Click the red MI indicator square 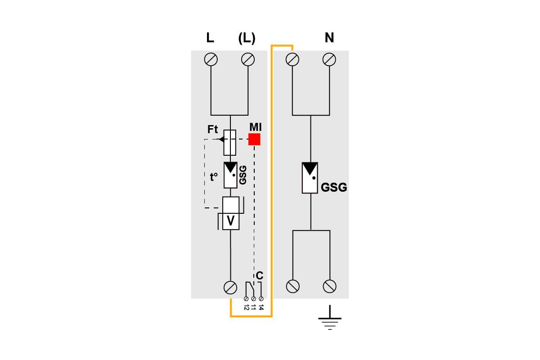(x=254, y=139)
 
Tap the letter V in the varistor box (x=231, y=220)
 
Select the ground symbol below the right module (x=330, y=317)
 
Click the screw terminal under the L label (x=211, y=59)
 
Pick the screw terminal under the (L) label (x=248, y=59)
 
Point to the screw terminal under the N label (x=329, y=59)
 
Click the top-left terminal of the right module (x=292, y=59)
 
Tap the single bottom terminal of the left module (x=230, y=288)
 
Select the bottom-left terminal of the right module (x=292, y=286)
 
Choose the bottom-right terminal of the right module (x=329, y=286)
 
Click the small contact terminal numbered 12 (x=246, y=299)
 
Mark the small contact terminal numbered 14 (x=261, y=299)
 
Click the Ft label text (x=212, y=130)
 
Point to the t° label (x=214, y=177)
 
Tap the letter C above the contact (x=260, y=275)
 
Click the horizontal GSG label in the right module (x=334, y=187)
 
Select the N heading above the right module (x=329, y=37)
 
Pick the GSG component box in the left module (x=230, y=175)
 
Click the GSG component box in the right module (x=310, y=178)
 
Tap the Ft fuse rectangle (x=230, y=143)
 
